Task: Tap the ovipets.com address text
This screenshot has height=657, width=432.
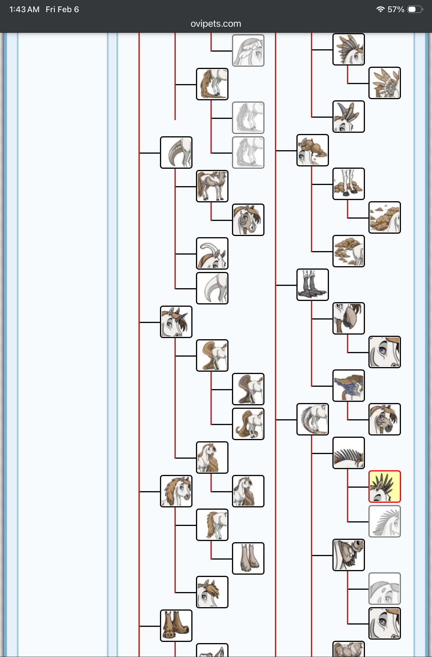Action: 216,24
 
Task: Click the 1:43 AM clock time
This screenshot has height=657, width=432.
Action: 24,10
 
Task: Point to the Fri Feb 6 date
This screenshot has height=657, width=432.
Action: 62,10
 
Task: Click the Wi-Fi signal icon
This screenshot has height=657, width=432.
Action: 380,9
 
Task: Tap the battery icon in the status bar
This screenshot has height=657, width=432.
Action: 415,9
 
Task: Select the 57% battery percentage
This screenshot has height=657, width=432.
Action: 396,10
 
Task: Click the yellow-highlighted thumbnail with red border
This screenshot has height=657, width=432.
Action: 384,486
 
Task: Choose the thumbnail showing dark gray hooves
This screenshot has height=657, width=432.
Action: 312,284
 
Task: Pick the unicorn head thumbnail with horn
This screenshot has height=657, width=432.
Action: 176,322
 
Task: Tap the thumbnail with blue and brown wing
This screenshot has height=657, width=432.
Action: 348,385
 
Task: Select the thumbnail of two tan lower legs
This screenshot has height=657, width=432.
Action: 248,558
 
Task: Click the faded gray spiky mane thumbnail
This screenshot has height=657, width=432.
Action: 384,521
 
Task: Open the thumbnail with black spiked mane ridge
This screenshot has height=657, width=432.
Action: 348,453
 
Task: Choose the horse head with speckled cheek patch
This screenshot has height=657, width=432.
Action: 248,219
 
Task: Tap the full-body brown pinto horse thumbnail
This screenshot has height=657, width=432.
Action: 212,186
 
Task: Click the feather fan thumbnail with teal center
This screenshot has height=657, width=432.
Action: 384,83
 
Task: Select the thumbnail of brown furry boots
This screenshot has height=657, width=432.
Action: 176,625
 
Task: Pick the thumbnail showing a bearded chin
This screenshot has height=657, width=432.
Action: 348,555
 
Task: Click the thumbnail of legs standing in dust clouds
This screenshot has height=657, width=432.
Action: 348,184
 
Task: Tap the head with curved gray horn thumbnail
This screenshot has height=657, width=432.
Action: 212,253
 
